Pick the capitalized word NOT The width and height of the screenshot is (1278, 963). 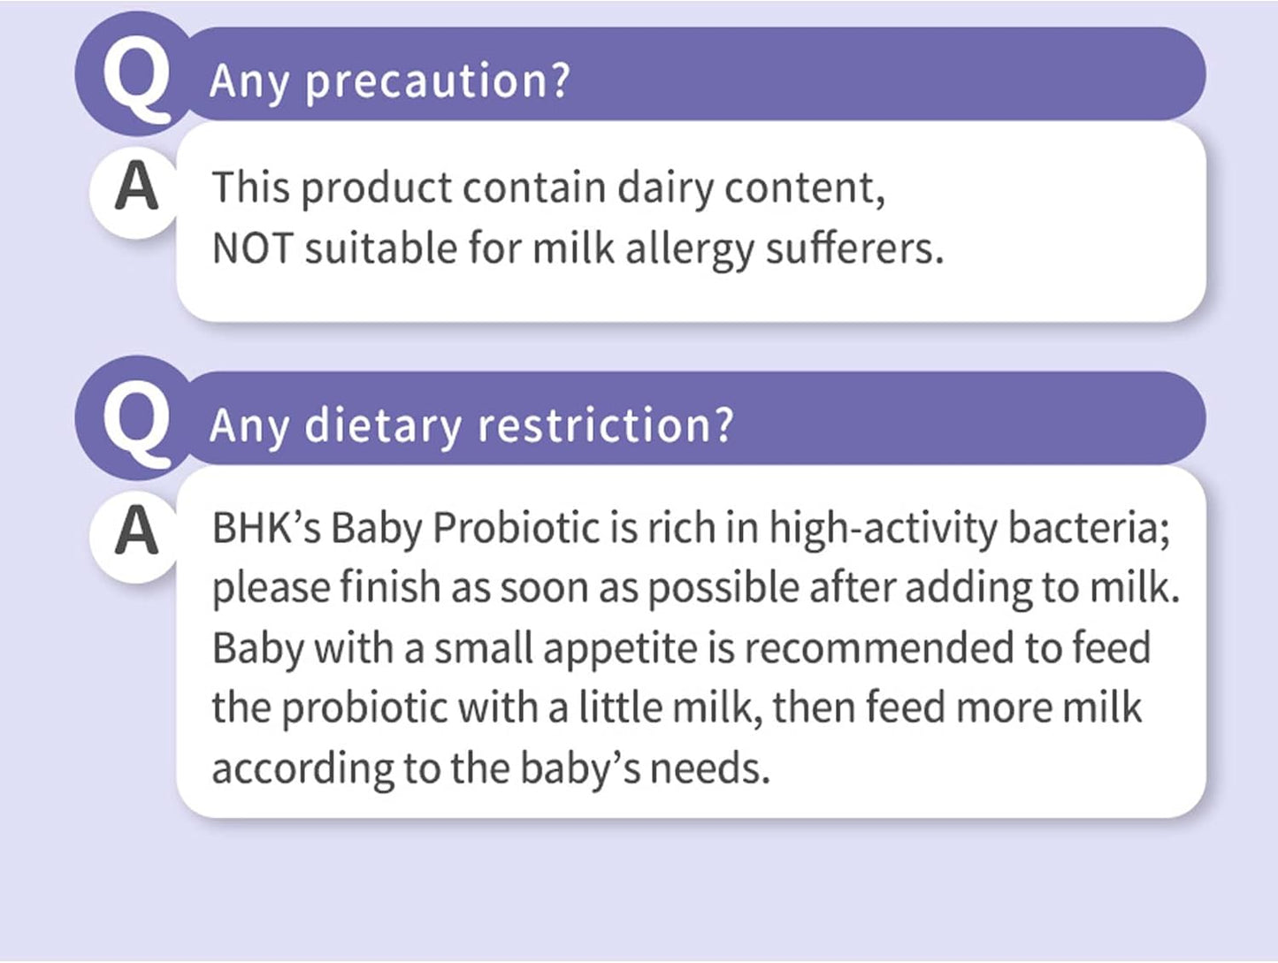(x=251, y=248)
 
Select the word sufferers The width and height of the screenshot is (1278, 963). (x=853, y=248)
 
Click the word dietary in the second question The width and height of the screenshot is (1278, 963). (x=382, y=426)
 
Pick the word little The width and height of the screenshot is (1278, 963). (x=620, y=708)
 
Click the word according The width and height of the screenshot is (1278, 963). (x=302, y=769)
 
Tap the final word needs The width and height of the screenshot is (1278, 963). (x=709, y=769)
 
